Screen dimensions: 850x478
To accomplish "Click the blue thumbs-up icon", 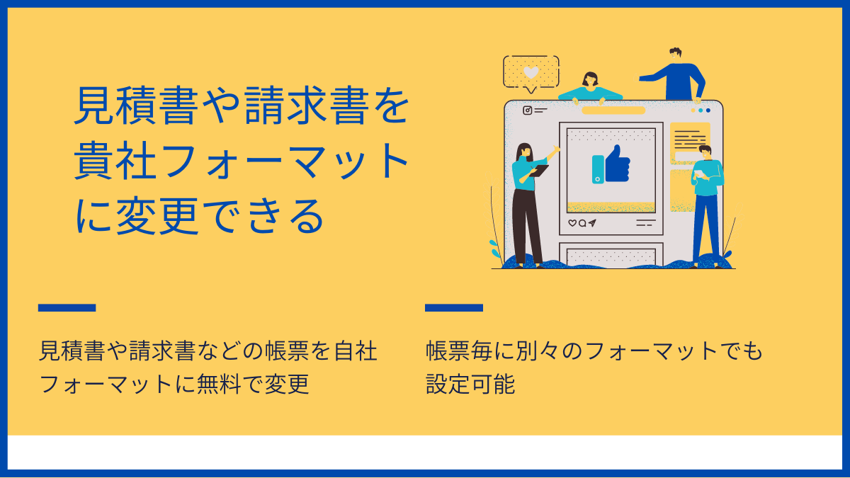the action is [x=618, y=164].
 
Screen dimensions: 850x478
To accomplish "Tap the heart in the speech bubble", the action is [x=531, y=72].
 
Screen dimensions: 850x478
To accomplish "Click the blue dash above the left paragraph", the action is [x=67, y=307].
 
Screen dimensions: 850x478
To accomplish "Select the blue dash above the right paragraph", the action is [x=454, y=307].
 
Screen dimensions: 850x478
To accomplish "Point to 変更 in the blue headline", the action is [x=157, y=216].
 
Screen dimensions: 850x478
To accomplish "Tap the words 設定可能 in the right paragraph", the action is [x=470, y=384].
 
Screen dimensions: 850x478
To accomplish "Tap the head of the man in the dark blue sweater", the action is [x=676, y=55].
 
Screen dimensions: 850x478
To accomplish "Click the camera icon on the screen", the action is [x=528, y=110].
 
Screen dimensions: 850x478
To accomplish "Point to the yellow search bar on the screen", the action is [x=613, y=110].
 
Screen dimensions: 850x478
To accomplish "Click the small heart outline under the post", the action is [x=572, y=223].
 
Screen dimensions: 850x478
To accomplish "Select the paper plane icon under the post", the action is [x=592, y=223].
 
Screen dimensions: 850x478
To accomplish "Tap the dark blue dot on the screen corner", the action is [x=708, y=110].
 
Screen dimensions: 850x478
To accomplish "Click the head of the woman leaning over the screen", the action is [x=590, y=79].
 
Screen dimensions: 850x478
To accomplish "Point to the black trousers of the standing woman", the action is [x=526, y=226].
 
